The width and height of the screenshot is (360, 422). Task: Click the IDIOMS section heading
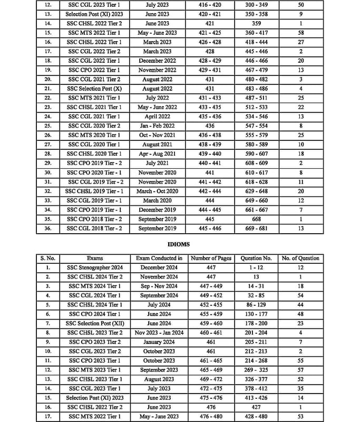tap(180, 244)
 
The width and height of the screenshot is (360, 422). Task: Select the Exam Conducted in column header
tap(159, 258)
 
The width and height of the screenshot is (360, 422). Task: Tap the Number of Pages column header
tap(211, 258)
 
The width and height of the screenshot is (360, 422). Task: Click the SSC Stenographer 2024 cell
tap(95, 267)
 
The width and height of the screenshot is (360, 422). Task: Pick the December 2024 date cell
tap(159, 267)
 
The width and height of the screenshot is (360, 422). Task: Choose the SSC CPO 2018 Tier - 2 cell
tap(95, 219)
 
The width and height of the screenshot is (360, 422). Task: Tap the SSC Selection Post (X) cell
tap(95, 89)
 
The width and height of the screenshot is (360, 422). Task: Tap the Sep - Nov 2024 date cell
tap(159, 286)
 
